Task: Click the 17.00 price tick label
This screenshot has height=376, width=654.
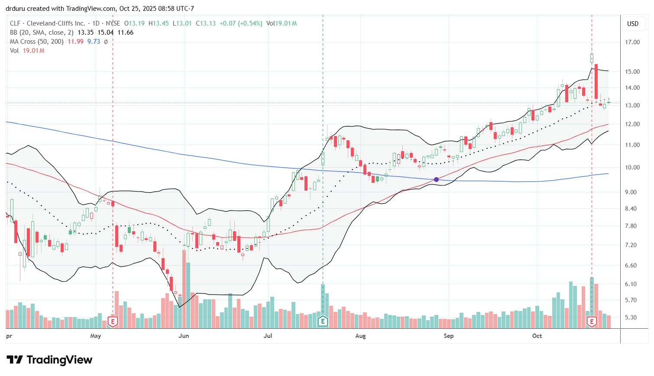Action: (x=633, y=42)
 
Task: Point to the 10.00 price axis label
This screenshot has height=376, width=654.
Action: (x=633, y=167)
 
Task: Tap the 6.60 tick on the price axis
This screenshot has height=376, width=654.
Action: (x=633, y=266)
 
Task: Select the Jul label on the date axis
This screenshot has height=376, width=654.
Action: (x=268, y=336)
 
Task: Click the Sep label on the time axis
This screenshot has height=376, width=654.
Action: (x=449, y=336)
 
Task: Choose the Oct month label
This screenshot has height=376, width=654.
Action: (x=537, y=336)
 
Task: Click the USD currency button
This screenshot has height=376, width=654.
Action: (x=633, y=23)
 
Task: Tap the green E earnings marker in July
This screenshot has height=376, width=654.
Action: (x=323, y=321)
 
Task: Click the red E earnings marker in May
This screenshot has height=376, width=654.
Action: (x=113, y=321)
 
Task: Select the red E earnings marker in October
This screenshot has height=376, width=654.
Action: (x=592, y=321)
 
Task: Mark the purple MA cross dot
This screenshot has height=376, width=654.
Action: (x=436, y=179)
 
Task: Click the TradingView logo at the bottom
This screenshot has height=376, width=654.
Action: (x=50, y=360)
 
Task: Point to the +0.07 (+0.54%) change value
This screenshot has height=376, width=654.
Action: (x=240, y=23)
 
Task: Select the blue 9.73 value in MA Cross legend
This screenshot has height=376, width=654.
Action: (x=94, y=42)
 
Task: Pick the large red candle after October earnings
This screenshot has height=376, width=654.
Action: (x=596, y=81)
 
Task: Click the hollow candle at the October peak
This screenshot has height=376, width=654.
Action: (x=592, y=58)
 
